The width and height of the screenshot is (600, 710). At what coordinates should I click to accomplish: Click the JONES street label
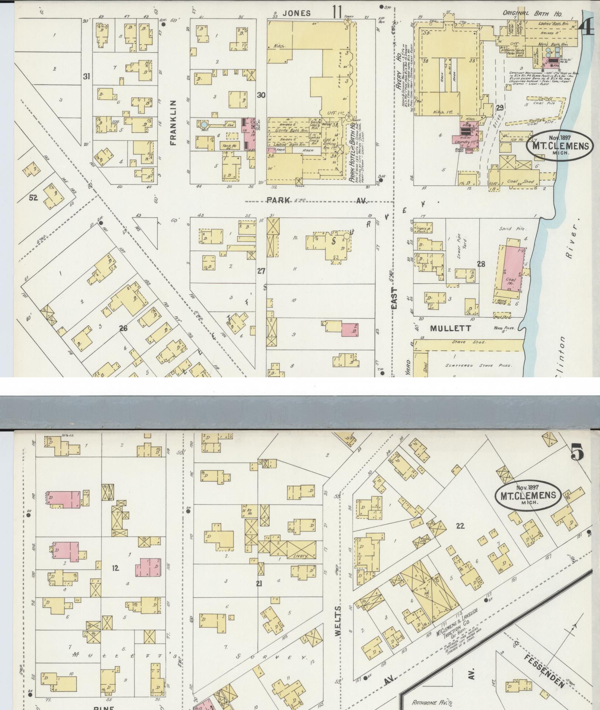click(296, 13)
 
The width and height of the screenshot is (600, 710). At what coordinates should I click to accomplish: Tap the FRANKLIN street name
click(174, 122)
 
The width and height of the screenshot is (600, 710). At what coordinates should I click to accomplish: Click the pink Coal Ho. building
click(512, 268)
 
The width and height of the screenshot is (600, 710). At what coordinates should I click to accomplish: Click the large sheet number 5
click(577, 452)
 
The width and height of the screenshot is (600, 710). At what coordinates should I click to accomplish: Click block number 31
click(86, 77)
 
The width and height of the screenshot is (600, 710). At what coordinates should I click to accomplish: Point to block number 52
click(34, 198)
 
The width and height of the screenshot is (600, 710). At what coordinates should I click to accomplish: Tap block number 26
click(123, 328)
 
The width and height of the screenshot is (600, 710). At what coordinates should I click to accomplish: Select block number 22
click(460, 526)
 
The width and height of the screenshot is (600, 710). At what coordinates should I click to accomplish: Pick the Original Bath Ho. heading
click(533, 14)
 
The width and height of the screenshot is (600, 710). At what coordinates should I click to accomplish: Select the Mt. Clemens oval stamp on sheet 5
click(528, 496)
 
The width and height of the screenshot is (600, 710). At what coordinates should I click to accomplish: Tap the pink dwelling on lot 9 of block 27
click(350, 329)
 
